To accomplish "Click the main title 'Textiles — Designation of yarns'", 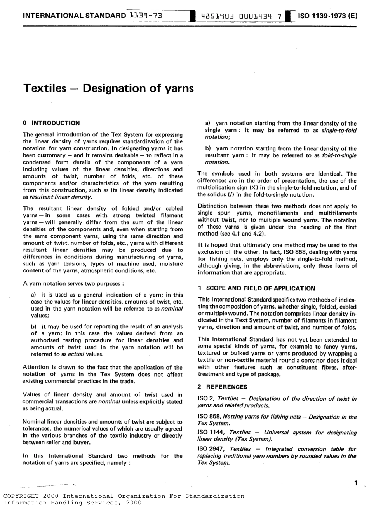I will [108, 88].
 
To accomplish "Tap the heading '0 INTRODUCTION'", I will [51, 123].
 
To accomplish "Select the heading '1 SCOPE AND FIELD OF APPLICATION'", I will [256, 288].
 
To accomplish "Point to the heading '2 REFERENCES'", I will [222, 387].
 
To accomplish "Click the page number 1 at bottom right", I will [356, 483].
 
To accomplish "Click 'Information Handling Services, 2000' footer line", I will [73, 503].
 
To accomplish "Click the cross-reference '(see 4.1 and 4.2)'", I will [242, 234].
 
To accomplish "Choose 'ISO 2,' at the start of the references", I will [206, 399].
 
